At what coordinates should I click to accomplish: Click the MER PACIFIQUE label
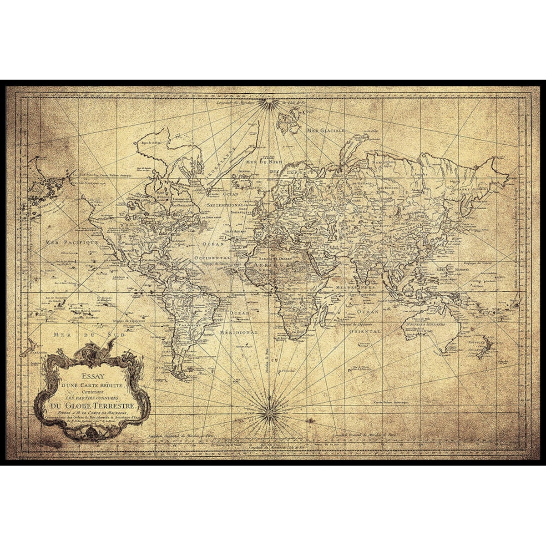click(x=72, y=243)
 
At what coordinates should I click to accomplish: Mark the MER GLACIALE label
click(x=326, y=130)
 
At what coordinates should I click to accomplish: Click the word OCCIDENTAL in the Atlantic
click(x=212, y=258)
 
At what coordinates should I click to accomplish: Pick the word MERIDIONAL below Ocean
click(x=239, y=332)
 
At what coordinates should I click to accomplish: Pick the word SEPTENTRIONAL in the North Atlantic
click(x=226, y=205)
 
